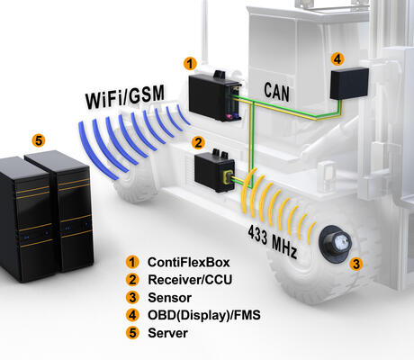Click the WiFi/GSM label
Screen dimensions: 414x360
(x=125, y=96)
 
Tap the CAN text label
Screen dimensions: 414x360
(x=276, y=92)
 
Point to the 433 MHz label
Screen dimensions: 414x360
(x=273, y=242)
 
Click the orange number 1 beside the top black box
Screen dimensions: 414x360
(x=190, y=64)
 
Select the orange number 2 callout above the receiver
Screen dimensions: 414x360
(x=198, y=142)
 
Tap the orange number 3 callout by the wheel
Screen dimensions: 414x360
(x=356, y=264)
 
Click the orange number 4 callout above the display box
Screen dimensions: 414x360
(x=337, y=59)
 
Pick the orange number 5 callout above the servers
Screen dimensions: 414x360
(x=39, y=140)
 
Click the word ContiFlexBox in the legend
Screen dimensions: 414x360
(x=189, y=262)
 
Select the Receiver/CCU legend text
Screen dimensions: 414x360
(x=190, y=280)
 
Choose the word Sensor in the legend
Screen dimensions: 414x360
(x=169, y=298)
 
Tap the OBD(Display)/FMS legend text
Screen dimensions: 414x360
(x=204, y=315)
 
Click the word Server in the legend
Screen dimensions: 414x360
(x=167, y=333)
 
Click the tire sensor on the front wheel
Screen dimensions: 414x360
(x=336, y=242)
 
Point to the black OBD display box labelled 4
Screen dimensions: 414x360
(x=349, y=84)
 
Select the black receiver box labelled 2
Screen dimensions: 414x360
(x=214, y=171)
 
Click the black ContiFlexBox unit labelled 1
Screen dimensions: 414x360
(x=214, y=96)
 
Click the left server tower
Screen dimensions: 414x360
(x=25, y=219)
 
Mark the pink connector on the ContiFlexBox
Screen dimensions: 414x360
(x=229, y=116)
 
